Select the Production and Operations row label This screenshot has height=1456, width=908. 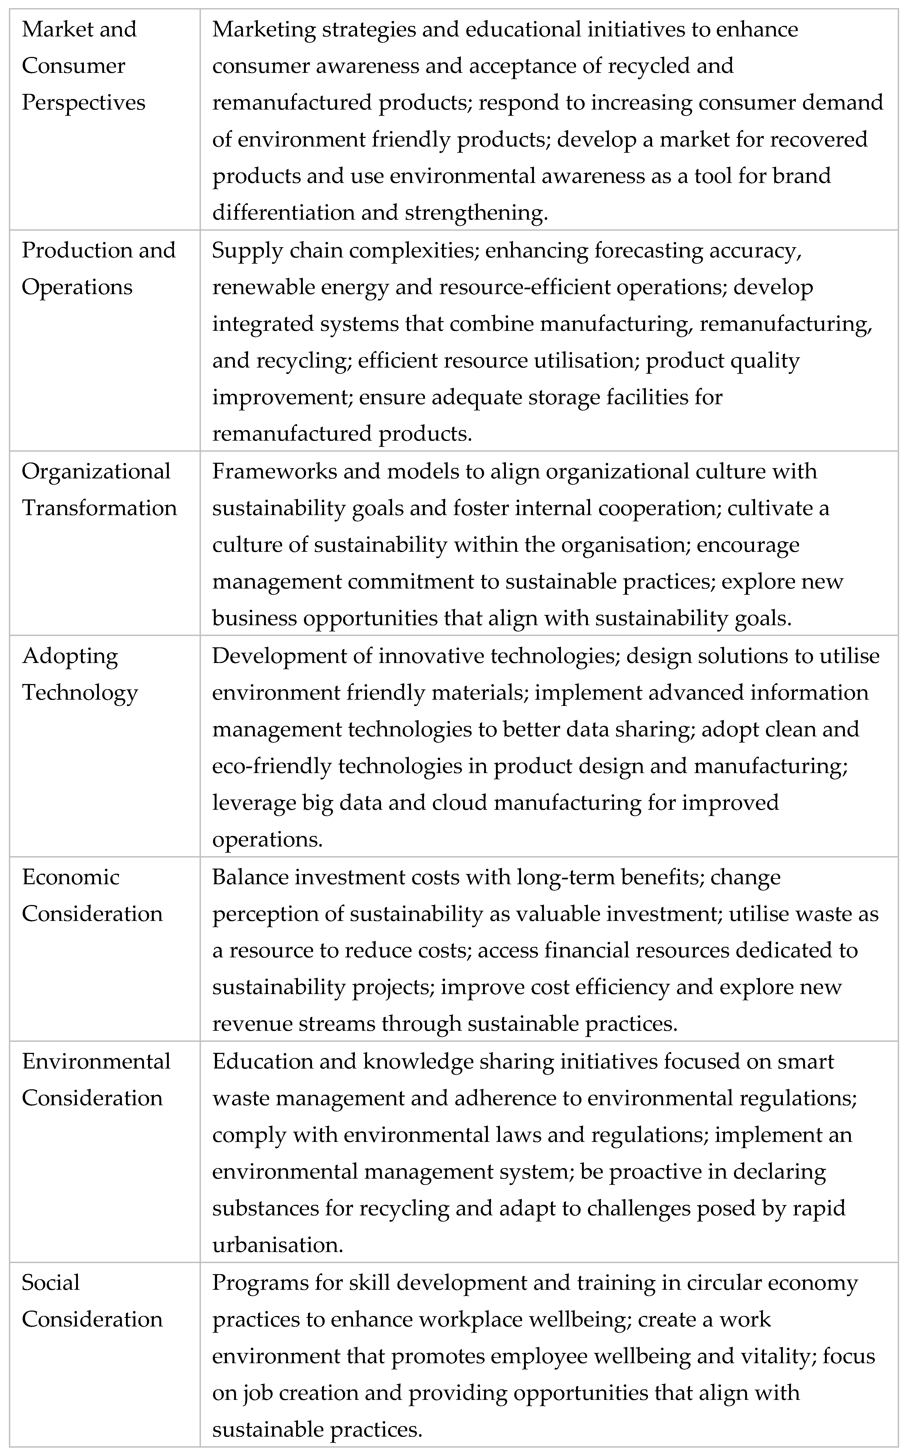coord(98,268)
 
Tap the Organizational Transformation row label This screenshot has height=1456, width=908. coord(99,490)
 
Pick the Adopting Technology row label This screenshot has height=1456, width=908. coord(80,674)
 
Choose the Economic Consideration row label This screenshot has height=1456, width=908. coord(92,895)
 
